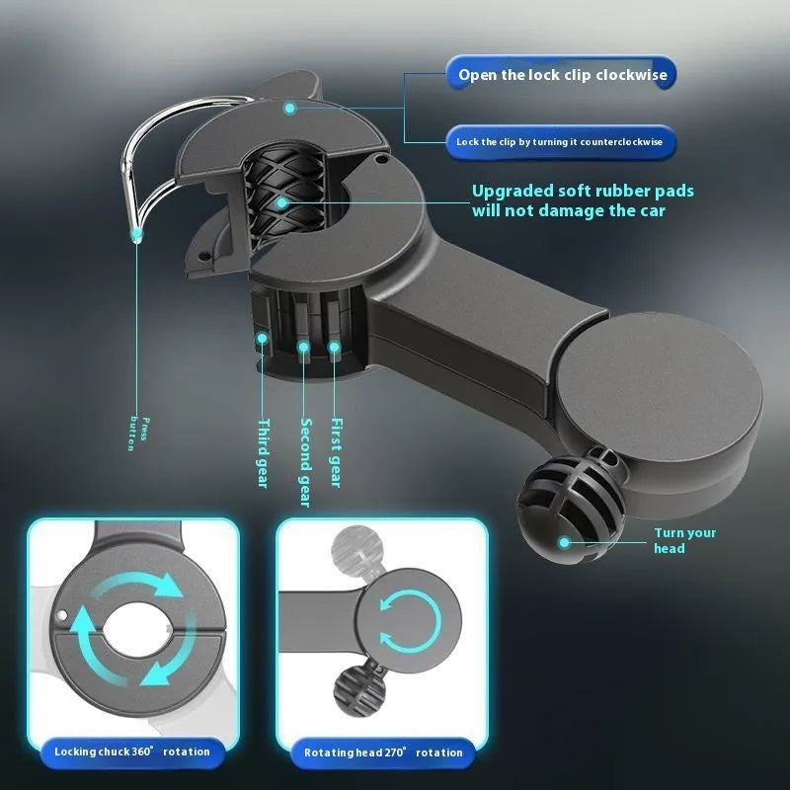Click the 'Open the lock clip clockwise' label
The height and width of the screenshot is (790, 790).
[x=562, y=75]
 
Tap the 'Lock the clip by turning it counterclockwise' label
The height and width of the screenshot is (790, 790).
[x=559, y=142]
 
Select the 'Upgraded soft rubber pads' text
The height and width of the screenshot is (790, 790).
[x=583, y=191]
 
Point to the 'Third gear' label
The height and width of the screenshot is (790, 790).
[x=263, y=453]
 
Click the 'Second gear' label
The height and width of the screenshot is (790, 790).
[x=305, y=462]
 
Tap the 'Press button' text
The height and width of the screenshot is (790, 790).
[x=138, y=434]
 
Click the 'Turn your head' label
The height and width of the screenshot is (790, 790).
[x=684, y=540]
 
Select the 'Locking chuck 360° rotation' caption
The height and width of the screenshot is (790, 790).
[x=132, y=751]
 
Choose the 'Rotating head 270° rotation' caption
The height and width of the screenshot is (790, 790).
[x=383, y=752]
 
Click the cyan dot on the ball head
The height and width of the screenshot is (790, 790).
[x=564, y=542]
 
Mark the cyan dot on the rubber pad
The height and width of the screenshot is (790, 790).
[x=282, y=203]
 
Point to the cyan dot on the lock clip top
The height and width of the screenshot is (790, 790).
[x=289, y=108]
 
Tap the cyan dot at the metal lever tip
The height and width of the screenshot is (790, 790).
[x=136, y=234]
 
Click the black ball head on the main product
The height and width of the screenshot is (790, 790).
[x=571, y=509]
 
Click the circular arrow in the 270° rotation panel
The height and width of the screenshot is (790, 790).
[x=411, y=621]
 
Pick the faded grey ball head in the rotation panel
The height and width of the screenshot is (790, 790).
[x=357, y=548]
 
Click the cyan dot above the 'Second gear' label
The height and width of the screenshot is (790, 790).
[x=303, y=347]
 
